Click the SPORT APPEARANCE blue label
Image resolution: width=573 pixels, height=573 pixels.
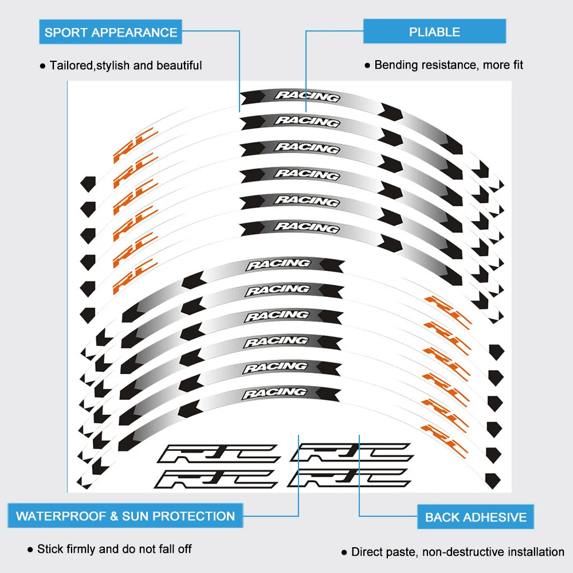coord(111,32)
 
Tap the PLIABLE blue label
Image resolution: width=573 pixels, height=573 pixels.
coord(434,32)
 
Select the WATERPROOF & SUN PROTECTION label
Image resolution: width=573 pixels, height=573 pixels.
coord(125,516)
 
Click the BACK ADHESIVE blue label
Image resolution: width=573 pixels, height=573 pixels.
coord(476,517)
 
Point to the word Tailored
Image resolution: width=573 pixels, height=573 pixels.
coord(70,66)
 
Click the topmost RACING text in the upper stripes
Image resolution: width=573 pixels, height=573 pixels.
coord(307,96)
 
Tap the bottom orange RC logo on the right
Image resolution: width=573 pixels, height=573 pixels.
coord(445,435)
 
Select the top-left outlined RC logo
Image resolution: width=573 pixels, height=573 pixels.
coord(219,454)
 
